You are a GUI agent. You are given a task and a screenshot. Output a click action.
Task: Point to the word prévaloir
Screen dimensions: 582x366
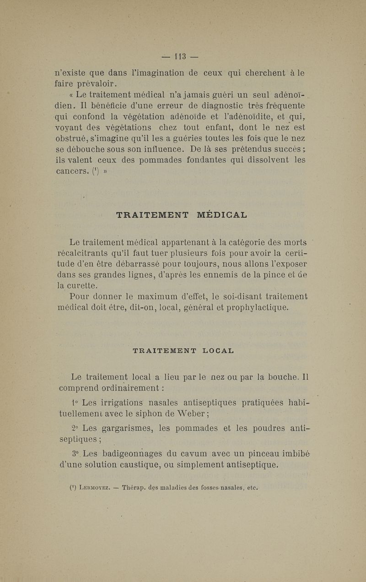click(x=85, y=83)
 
